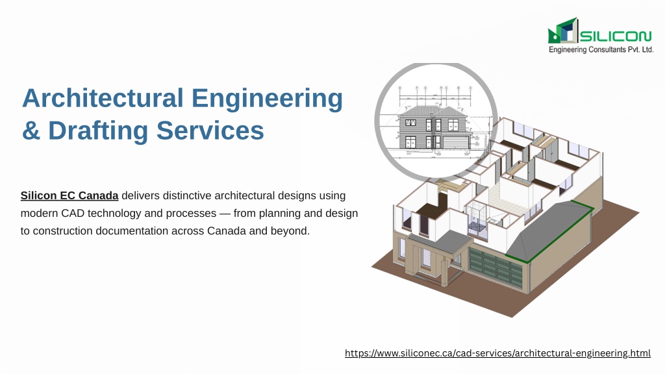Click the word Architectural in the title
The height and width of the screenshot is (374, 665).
tap(103, 98)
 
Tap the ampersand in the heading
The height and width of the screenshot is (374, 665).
tap(31, 130)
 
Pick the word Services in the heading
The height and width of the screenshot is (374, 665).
tap(210, 130)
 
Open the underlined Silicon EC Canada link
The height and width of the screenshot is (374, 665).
tap(69, 195)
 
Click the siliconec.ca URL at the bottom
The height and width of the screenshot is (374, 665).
tap(497, 353)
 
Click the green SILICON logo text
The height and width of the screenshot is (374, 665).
tap(616, 36)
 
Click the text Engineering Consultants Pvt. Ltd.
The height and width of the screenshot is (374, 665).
tap(601, 49)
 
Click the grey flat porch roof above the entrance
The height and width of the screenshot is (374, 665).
tap(440, 242)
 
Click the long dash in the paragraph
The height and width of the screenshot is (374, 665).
tap(225, 213)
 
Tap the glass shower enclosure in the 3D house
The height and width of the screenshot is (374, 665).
tap(477, 218)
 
